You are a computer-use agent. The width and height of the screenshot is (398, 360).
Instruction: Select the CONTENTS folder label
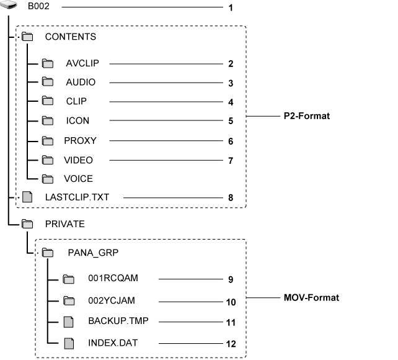click(x=71, y=37)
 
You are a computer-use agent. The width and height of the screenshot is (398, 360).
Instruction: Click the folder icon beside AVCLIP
click(x=48, y=63)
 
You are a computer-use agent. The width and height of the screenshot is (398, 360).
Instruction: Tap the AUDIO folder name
click(x=81, y=82)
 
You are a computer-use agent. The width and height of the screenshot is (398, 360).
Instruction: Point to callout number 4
click(x=230, y=102)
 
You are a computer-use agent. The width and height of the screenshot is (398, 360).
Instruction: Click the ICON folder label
click(x=77, y=120)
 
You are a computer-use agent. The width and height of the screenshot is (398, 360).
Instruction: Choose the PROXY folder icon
click(x=48, y=141)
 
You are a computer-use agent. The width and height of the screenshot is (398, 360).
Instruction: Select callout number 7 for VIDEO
click(x=230, y=160)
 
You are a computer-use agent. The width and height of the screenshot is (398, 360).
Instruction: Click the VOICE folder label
click(x=78, y=179)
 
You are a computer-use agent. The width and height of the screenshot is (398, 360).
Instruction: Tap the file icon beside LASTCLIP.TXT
click(x=27, y=197)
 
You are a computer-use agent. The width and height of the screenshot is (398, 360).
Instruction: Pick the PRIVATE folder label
click(x=64, y=223)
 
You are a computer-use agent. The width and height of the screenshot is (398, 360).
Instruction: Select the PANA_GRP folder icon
click(x=48, y=253)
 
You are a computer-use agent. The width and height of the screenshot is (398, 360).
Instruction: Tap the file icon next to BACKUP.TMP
click(x=69, y=322)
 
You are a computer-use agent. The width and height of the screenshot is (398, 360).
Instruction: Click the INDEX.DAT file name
click(x=108, y=342)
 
